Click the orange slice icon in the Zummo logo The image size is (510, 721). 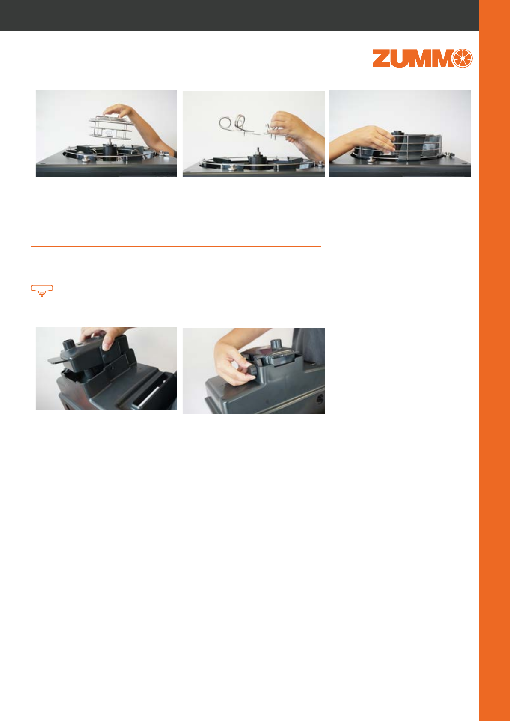pos(463,59)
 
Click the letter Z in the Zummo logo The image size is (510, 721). pos(382,59)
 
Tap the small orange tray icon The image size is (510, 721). pos(42,291)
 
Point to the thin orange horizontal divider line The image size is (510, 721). pos(176,247)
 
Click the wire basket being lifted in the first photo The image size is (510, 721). pos(111,128)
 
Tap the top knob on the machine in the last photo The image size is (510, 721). pos(276,345)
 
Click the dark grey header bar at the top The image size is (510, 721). pos(239,15)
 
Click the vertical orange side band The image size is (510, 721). pos(494,360)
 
